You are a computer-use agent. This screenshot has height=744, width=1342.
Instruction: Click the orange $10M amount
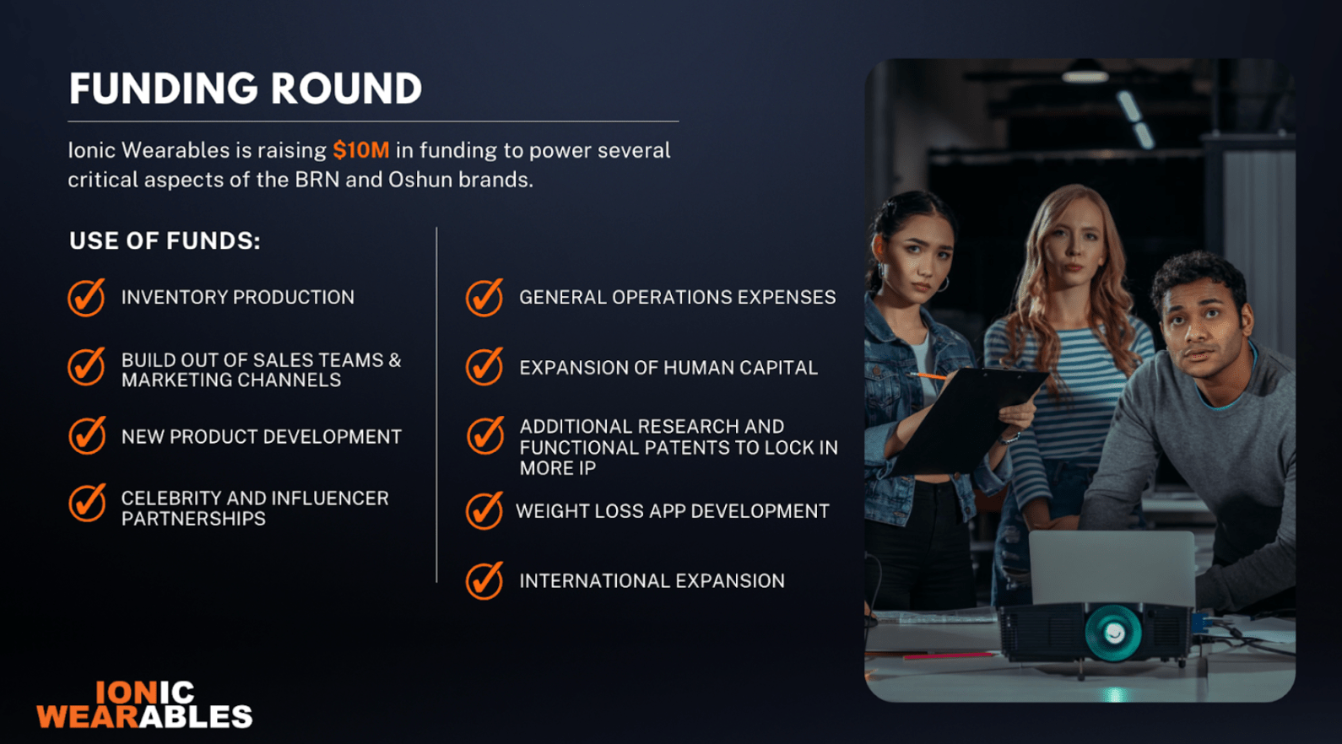tap(361, 150)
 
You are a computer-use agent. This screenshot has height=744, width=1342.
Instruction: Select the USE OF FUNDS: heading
tap(165, 240)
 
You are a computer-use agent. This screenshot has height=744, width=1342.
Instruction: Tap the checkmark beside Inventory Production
tap(87, 297)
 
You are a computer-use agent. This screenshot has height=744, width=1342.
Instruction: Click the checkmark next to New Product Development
tap(87, 435)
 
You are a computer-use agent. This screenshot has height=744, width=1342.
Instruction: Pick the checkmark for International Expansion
tap(484, 580)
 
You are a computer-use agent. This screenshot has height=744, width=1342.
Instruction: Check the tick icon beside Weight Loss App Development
tap(484, 510)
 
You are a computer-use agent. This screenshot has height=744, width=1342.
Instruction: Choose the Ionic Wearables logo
tap(144, 705)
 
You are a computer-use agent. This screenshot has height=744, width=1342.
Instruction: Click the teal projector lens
tap(1113, 632)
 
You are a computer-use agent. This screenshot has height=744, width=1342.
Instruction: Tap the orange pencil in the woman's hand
tap(928, 376)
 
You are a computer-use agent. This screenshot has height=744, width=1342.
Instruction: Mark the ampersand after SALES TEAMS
tap(394, 359)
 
